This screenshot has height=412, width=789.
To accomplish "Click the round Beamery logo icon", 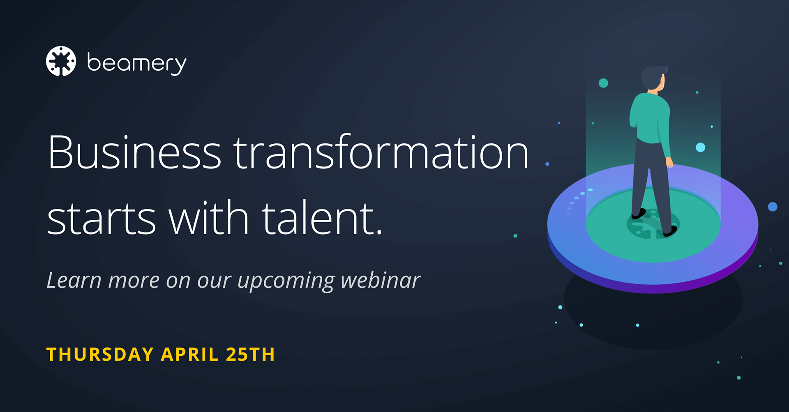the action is pyautogui.click(x=61, y=61).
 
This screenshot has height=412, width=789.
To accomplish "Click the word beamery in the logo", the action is pyautogui.click(x=137, y=63).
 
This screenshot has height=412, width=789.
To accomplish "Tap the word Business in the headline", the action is pyautogui.click(x=134, y=152).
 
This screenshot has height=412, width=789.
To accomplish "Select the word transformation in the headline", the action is pyautogui.click(x=381, y=152).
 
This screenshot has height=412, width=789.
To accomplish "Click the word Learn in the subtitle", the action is pyautogui.click(x=74, y=280).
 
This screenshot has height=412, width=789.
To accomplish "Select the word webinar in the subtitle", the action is pyautogui.click(x=381, y=280).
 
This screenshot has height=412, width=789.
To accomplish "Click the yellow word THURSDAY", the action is pyautogui.click(x=100, y=354).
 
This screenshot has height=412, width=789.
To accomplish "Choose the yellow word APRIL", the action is pyautogui.click(x=189, y=354).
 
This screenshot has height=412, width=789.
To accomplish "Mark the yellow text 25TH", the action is pyautogui.click(x=250, y=354).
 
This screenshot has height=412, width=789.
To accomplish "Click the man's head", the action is pyautogui.click(x=653, y=78).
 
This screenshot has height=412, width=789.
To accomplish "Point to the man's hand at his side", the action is pyautogui.click(x=669, y=163).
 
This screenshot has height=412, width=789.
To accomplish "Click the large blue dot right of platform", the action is pyautogui.click(x=773, y=207).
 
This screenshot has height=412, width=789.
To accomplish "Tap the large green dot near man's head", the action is pyautogui.click(x=603, y=83).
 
